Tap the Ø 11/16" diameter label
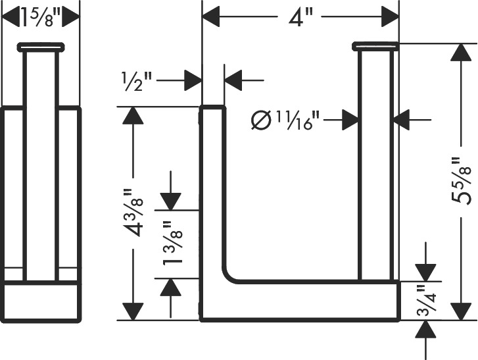[285, 120]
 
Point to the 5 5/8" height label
[461, 181]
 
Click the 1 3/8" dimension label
[172, 243]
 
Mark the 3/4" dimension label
[427, 301]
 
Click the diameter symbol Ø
[261, 120]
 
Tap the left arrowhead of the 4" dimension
[211, 16]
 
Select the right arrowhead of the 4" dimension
[390, 16]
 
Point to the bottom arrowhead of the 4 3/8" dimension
[133, 311]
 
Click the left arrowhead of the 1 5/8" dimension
[11, 17]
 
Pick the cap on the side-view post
[41, 47]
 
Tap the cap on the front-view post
[375, 46]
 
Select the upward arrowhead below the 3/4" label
[426, 330]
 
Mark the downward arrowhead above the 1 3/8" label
[171, 201]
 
